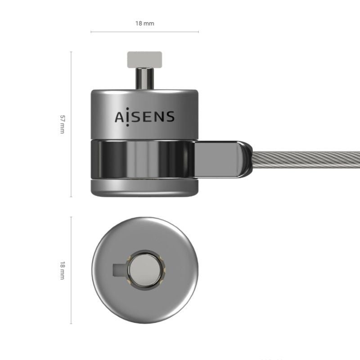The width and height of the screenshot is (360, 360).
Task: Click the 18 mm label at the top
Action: [144, 23]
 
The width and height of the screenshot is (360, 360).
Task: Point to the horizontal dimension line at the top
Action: [144, 32]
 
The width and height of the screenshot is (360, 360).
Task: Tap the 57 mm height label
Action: [63, 125]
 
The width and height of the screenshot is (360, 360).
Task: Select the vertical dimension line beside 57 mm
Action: [71, 125]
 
